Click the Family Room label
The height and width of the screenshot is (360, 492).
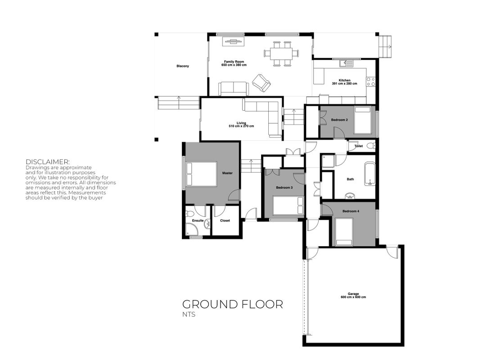[x=234, y=62]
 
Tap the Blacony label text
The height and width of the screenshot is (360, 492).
[x=183, y=66]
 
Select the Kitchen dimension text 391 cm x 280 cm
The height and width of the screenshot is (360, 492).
[x=344, y=84]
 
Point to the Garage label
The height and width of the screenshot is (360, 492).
[x=353, y=294]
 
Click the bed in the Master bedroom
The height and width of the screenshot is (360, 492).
[x=201, y=174]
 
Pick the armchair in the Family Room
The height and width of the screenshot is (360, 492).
[x=262, y=83]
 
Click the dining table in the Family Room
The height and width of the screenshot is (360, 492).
[x=281, y=53]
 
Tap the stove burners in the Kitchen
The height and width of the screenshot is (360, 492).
[x=371, y=82]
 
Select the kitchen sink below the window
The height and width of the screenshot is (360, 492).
[x=346, y=63]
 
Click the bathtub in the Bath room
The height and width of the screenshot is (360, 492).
[x=370, y=174]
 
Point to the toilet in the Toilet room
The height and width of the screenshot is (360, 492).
[x=371, y=146]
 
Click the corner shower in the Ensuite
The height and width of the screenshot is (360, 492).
[x=192, y=229]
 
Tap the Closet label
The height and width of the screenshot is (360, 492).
[x=225, y=220]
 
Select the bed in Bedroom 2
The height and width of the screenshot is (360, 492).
[x=363, y=121]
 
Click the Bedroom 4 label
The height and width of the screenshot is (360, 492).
[x=351, y=211]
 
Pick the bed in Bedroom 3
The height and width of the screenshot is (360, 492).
[x=288, y=205]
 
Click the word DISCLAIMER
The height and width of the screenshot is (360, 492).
[x=48, y=162]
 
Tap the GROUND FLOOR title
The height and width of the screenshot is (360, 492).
[x=233, y=304]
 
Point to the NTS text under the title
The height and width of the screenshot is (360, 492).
[x=189, y=314]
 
